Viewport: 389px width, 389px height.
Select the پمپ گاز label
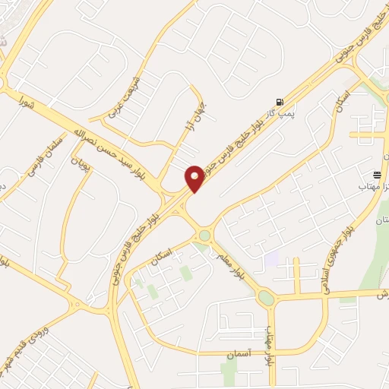[283, 113]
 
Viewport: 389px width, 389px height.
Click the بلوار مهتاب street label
[268, 349]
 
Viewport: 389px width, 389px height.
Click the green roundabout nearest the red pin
[204, 236]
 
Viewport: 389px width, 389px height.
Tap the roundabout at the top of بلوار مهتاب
[266, 298]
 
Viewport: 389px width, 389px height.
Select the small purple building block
[271, 258]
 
